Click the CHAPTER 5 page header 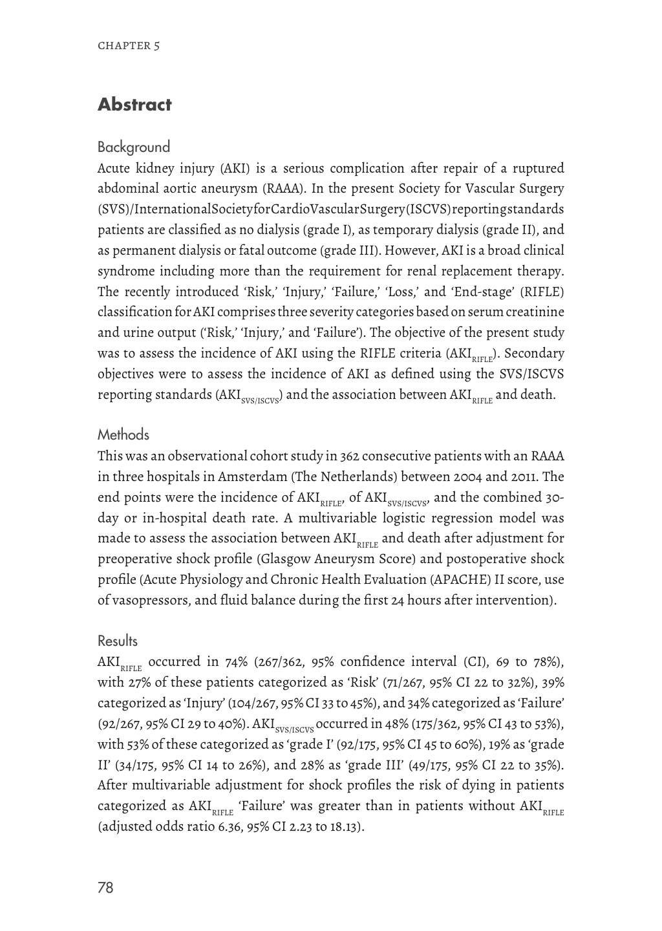[129, 46]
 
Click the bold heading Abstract [134, 105]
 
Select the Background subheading [133, 147]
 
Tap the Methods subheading [123, 435]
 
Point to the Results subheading [117, 641]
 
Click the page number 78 [105, 888]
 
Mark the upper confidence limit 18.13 [342, 827]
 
